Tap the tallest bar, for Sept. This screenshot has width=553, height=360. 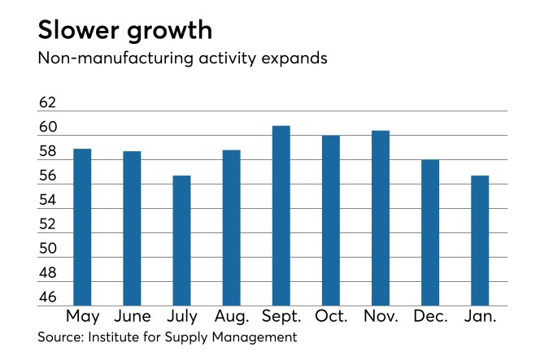[x=281, y=215]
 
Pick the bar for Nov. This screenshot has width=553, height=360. [x=380, y=218]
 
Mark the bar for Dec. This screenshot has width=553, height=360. [x=430, y=232]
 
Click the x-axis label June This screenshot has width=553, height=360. [x=132, y=317]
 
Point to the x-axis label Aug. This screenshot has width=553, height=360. [x=231, y=317]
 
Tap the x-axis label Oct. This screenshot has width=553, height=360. [x=330, y=317]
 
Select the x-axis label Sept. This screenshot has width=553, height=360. [x=281, y=317]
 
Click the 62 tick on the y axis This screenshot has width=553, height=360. [x=48, y=103]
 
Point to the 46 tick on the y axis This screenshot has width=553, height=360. [x=48, y=297]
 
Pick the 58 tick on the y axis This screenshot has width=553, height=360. [x=48, y=151]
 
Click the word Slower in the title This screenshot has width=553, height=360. [x=78, y=30]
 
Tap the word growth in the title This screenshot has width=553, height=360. [x=168, y=32]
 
